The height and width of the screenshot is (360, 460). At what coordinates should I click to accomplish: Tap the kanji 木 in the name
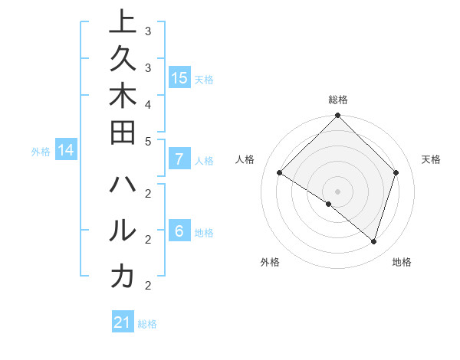coord(123,100)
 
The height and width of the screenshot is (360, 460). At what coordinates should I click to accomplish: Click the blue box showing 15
coord(179,77)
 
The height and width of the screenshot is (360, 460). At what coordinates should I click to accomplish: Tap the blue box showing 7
coord(179,159)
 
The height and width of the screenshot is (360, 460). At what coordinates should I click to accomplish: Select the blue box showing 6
coord(179,231)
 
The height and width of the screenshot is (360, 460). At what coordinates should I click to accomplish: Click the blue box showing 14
coord(66,151)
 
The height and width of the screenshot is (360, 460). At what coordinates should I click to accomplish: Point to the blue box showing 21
coord(123,322)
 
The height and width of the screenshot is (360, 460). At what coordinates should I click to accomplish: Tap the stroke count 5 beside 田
coord(148,141)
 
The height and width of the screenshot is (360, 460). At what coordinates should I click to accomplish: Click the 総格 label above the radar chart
coord(337,100)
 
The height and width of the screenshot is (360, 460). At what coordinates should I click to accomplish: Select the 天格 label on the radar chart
coord(431,159)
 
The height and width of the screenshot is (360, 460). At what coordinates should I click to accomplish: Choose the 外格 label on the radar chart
coord(270,262)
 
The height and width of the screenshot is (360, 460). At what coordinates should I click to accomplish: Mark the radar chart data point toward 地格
coord(374,241)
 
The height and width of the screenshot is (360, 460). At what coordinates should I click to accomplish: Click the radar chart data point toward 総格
coord(337,116)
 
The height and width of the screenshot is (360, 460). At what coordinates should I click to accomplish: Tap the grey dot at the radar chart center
coord(337,191)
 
